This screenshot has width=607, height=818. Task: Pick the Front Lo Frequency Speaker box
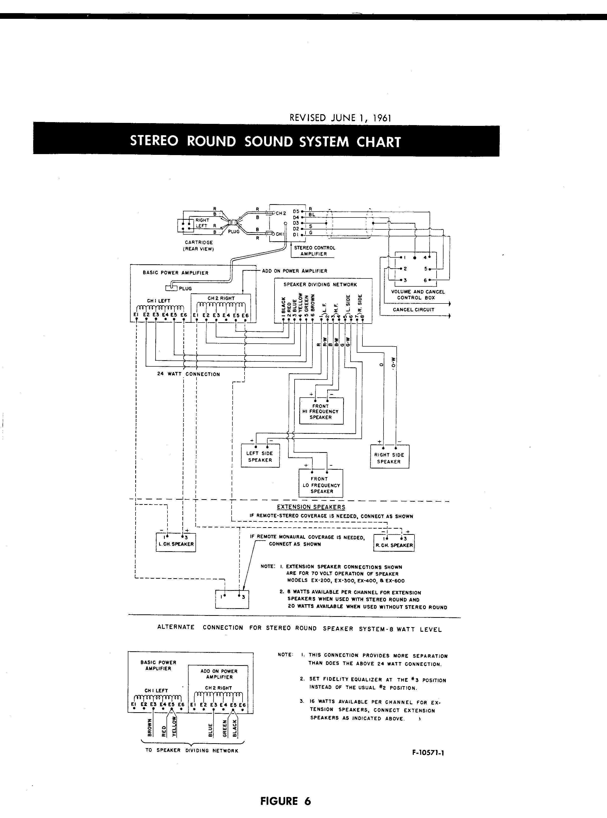coord(321,483)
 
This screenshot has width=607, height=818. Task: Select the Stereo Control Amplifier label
coord(314,250)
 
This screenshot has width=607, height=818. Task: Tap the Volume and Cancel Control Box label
coord(418,295)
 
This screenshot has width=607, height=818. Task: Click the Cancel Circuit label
coord(413,309)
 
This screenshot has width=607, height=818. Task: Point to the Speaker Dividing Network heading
coord(320,284)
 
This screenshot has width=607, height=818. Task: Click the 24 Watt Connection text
coord(189,374)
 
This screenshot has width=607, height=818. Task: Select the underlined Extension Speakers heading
coord(311,507)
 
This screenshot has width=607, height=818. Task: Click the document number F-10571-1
coord(428,753)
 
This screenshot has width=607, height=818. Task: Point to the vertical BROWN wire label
coord(150,727)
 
